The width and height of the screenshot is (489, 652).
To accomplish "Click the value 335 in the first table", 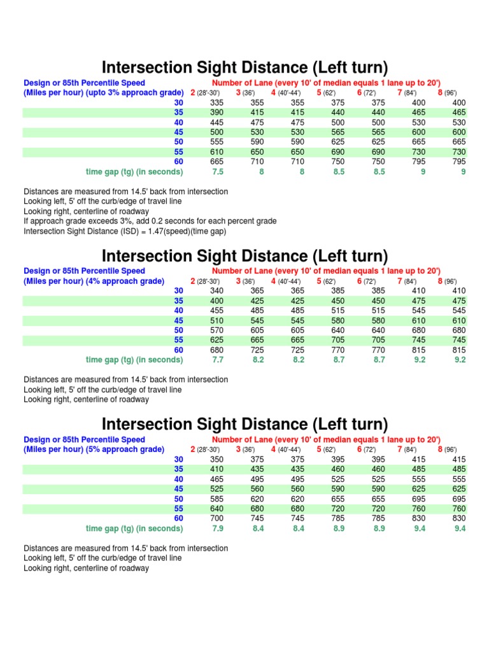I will pyautogui.click(x=218, y=103).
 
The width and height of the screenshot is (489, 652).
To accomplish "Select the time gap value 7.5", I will pyautogui.click(x=218, y=172).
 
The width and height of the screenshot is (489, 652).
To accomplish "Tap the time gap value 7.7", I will pyautogui.click(x=218, y=360).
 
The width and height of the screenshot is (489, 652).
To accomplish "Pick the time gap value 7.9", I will pyautogui.click(x=218, y=528).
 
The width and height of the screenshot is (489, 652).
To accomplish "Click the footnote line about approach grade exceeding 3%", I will pyautogui.click(x=150, y=221).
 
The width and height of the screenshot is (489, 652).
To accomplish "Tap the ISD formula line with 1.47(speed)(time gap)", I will pyautogui.click(x=125, y=231).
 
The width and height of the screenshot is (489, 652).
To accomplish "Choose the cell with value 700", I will pyautogui.click(x=218, y=518).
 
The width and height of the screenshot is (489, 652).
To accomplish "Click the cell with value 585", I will pyautogui.click(x=218, y=499).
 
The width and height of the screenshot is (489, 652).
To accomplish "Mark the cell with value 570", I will pyautogui.click(x=218, y=330).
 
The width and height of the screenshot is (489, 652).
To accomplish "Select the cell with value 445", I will pyautogui.click(x=218, y=122).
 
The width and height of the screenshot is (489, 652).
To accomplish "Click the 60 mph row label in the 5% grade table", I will pyautogui.click(x=179, y=518).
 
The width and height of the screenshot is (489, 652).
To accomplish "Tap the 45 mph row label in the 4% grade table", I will pyautogui.click(x=179, y=320).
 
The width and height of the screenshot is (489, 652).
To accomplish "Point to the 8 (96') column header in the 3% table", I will pyautogui.click(x=447, y=93).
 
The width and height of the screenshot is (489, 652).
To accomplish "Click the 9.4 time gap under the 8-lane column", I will pyautogui.click(x=460, y=528).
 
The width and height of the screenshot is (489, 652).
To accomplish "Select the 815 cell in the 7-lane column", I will pyautogui.click(x=418, y=350).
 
